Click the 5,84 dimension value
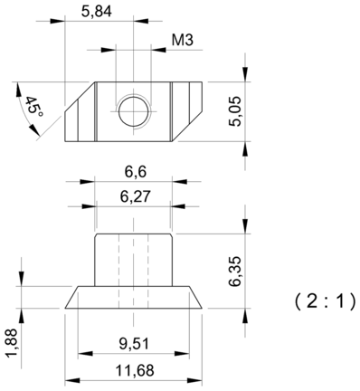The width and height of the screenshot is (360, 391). pyautogui.click(x=97, y=12)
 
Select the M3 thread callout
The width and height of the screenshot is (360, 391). pyautogui.click(x=183, y=40)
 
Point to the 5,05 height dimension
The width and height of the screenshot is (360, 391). pyautogui.click(x=235, y=111)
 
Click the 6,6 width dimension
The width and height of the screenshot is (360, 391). pyautogui.click(x=136, y=172)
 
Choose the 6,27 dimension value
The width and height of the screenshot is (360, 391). pyautogui.click(x=135, y=196)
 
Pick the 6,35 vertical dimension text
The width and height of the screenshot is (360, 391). pyautogui.click(x=235, y=272)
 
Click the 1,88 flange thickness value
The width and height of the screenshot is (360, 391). pyautogui.click(x=12, y=343)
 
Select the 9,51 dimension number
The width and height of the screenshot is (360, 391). pyautogui.click(x=134, y=344)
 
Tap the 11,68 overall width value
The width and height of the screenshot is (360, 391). pyautogui.click(x=135, y=370)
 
